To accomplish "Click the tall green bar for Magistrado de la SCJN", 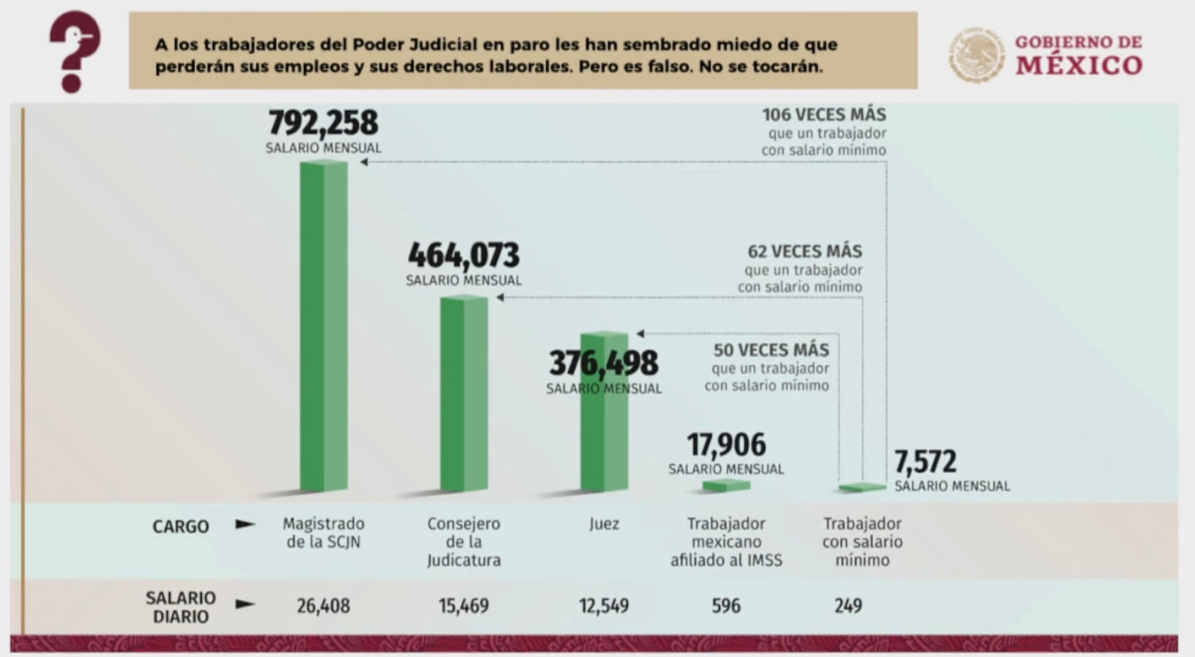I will coord(324,325).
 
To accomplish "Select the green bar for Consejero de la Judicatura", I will coord(464,393).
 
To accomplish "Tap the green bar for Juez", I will coord(604,435).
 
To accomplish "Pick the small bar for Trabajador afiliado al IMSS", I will coord(726,485).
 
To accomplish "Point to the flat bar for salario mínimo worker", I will coord(862,488).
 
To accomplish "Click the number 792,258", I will coord(324,123).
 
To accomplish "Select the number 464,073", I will coord(464,255).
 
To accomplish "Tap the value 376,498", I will coord(604,363).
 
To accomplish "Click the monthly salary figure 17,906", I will coord(726,445).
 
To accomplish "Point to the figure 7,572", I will coord(925,462).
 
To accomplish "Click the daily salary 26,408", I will coord(324,606).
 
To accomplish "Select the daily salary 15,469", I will coord(464,606).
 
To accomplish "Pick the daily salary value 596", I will coord(726,606).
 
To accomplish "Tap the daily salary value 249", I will coord(848,606).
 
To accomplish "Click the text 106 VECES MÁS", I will coord(824,115).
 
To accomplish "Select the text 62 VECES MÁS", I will coord(804,251).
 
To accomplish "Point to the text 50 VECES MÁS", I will coord(771,350).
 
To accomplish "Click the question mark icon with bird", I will coord(75,51).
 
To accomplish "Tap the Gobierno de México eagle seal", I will coord(977,55).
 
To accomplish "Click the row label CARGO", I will coord(180,527).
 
